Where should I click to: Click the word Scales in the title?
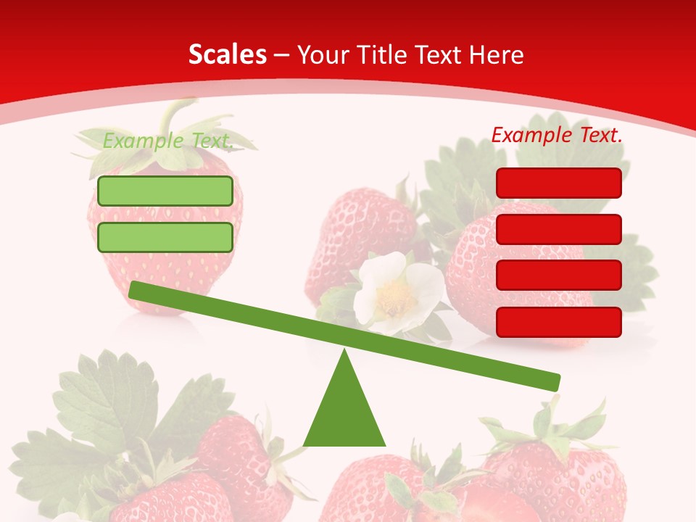[227, 55]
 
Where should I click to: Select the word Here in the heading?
[497, 55]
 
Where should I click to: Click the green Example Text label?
[167, 141]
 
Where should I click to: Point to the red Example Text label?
[557, 135]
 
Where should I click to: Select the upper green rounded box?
[165, 191]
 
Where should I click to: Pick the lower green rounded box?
[165, 237]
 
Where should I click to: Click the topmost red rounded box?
[559, 183]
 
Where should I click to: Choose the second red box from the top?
[559, 229]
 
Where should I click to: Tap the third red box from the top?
[559, 275]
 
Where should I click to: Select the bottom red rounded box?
[559, 322]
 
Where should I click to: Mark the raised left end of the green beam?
[135, 289]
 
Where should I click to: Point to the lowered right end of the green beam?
[554, 381]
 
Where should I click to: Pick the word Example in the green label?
[141, 141]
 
